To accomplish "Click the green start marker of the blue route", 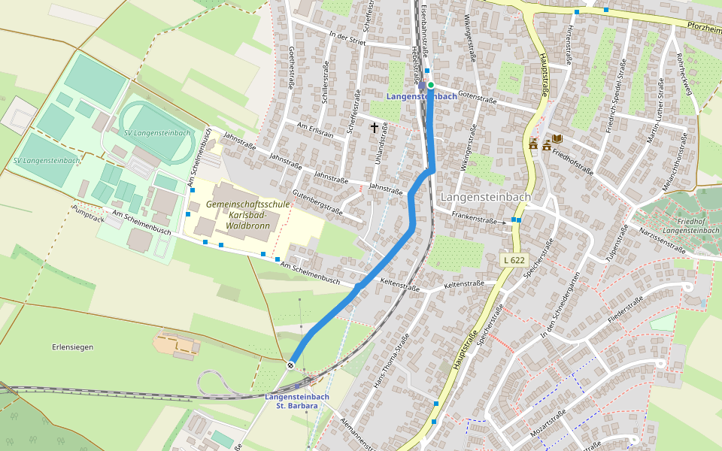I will coord(431,86).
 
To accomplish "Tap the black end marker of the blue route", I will coord(290,365).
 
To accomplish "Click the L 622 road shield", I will coord(514,259).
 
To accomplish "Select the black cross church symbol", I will coord(374,128).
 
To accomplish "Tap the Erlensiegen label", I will coord(73,347).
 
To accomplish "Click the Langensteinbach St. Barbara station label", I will coord(297,401).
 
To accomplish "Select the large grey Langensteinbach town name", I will coord(485,197).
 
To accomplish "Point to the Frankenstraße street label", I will coord(474,218).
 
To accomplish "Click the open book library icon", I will coord(557,140).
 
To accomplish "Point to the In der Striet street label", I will coord(347,39).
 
